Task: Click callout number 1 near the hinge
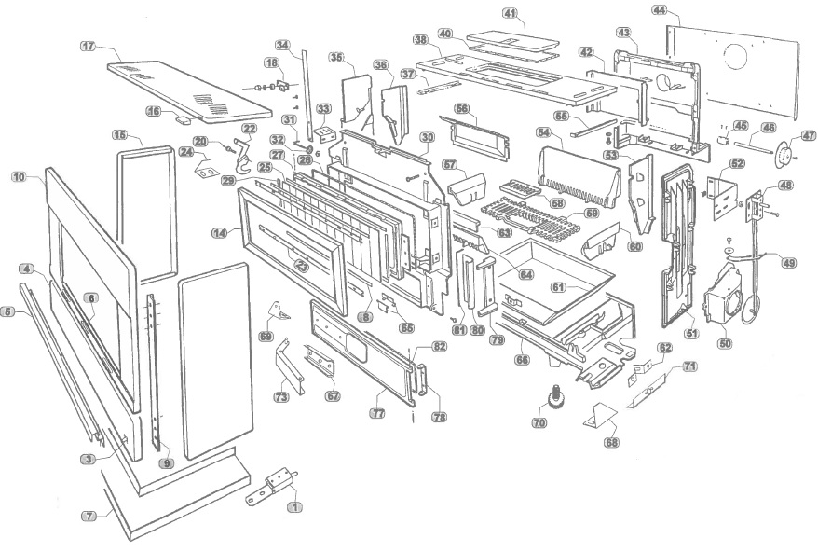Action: click(x=296, y=507)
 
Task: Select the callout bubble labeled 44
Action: click(x=661, y=10)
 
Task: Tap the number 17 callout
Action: click(x=89, y=46)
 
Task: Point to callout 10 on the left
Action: click(x=20, y=175)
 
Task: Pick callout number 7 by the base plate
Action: click(x=89, y=516)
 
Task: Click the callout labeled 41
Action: click(x=510, y=13)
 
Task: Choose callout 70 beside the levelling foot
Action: click(x=539, y=423)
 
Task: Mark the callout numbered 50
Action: click(x=725, y=342)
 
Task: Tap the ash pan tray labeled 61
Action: click(x=550, y=275)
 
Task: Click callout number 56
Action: click(x=461, y=108)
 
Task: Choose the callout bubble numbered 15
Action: click(x=120, y=135)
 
